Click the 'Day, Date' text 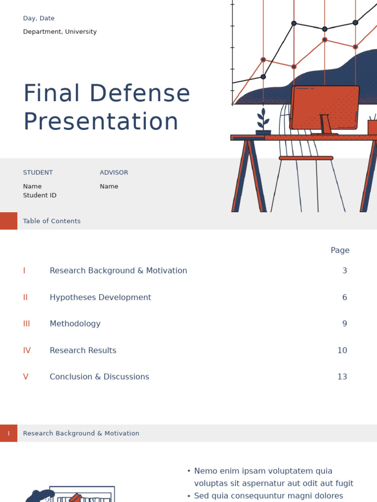(x=39, y=19)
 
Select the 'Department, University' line (x=60, y=32)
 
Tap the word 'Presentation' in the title (x=101, y=122)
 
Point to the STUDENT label (x=38, y=173)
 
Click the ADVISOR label (x=114, y=173)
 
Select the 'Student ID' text (x=40, y=196)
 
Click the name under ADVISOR (x=109, y=187)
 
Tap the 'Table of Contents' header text (x=52, y=221)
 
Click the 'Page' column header (x=340, y=251)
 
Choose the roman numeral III (x=27, y=324)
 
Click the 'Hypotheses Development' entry (x=100, y=298)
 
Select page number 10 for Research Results (x=342, y=351)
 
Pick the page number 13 (x=342, y=377)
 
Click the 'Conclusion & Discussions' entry (x=99, y=377)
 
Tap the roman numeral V (x=26, y=377)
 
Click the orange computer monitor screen (x=325, y=107)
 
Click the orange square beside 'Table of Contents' (x=8, y=221)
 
